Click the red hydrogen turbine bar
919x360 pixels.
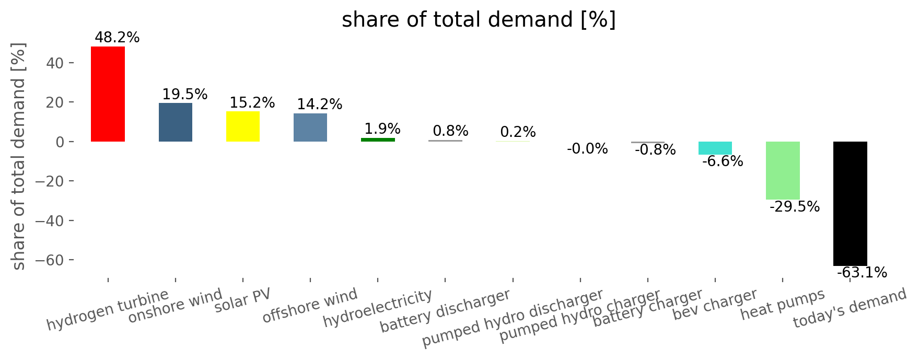[x=108, y=94]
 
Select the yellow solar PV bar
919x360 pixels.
[x=243, y=126]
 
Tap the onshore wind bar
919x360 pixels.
[x=176, y=122]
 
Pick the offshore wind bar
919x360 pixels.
[x=310, y=127]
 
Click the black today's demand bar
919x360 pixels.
[x=850, y=204]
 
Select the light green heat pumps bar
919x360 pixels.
[x=783, y=170]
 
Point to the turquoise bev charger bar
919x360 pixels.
[x=715, y=148]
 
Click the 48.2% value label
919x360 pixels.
[x=117, y=38]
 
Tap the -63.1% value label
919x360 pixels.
[x=862, y=273]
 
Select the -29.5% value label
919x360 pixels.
[x=795, y=207]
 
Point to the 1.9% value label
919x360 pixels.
[x=382, y=129]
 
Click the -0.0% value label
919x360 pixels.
[x=587, y=149]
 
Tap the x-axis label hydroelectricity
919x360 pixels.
[x=378, y=308]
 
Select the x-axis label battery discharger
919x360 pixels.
[x=445, y=311]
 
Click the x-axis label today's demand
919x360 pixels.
[x=850, y=309]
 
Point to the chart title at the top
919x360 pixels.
[x=479, y=20]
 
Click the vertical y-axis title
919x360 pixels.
[x=19, y=156]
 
